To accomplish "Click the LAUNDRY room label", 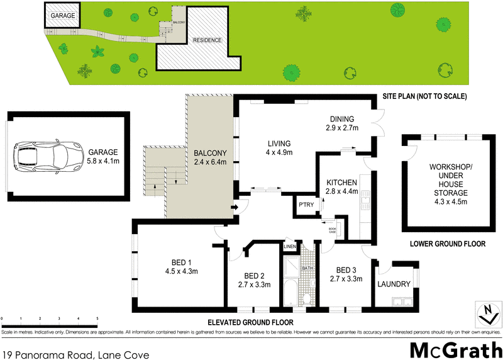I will pyautogui.click(x=395, y=284).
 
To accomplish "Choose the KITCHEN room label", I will pyautogui.click(x=341, y=183).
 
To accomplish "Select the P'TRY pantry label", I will pyautogui.click(x=306, y=205).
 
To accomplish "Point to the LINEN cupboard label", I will pyautogui.click(x=289, y=247).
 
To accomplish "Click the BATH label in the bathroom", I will pyautogui.click(x=307, y=269).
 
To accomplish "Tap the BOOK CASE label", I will pyautogui.click(x=333, y=230).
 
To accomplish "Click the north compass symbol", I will pyautogui.click(x=485, y=310).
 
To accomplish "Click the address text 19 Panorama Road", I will pyautogui.click(x=75, y=355).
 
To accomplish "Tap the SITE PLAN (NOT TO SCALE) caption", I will pyautogui.click(x=424, y=97).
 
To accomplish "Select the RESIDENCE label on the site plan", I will pyautogui.click(x=207, y=40).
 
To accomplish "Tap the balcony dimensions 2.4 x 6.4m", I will pyautogui.click(x=210, y=162).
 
